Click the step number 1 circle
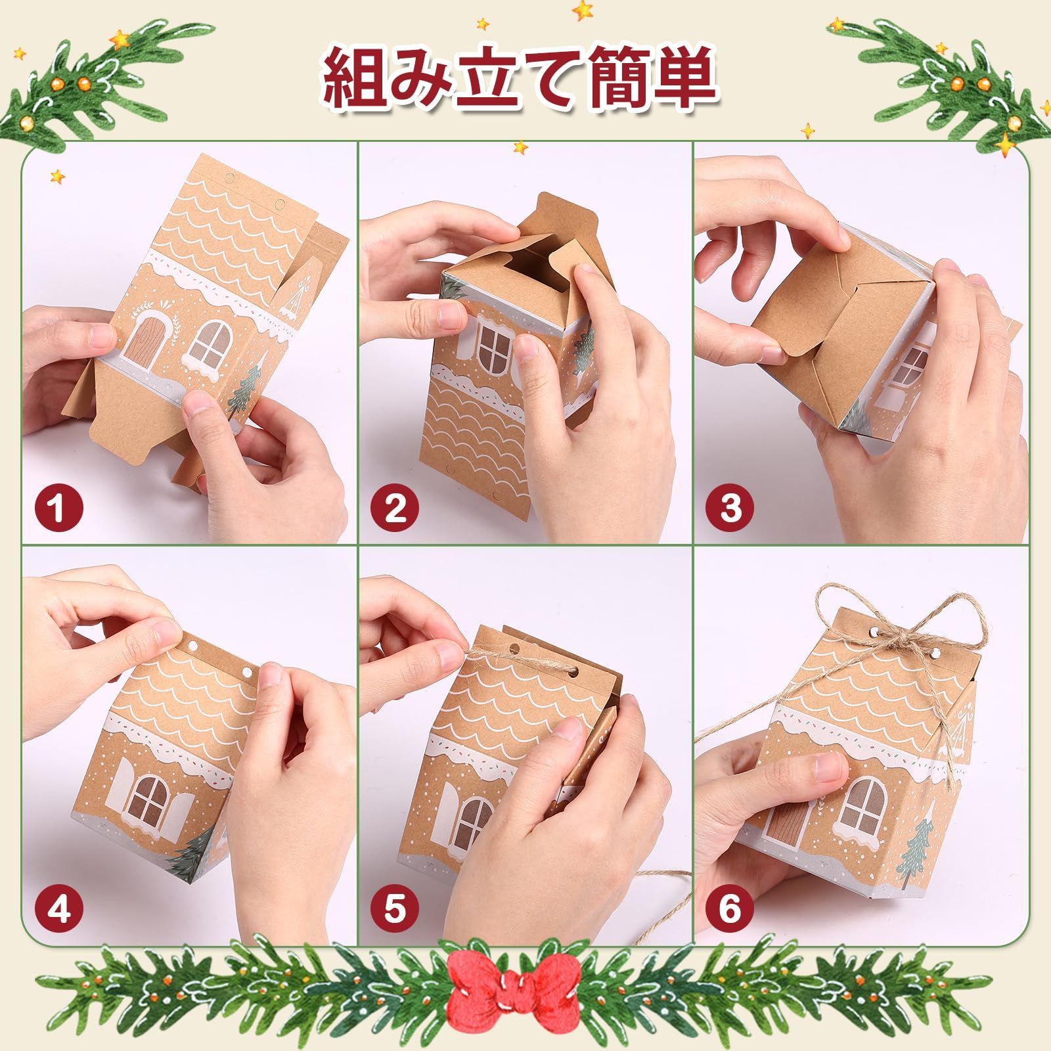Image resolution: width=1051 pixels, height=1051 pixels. [58, 508]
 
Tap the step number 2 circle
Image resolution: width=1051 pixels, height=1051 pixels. [395, 508]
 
